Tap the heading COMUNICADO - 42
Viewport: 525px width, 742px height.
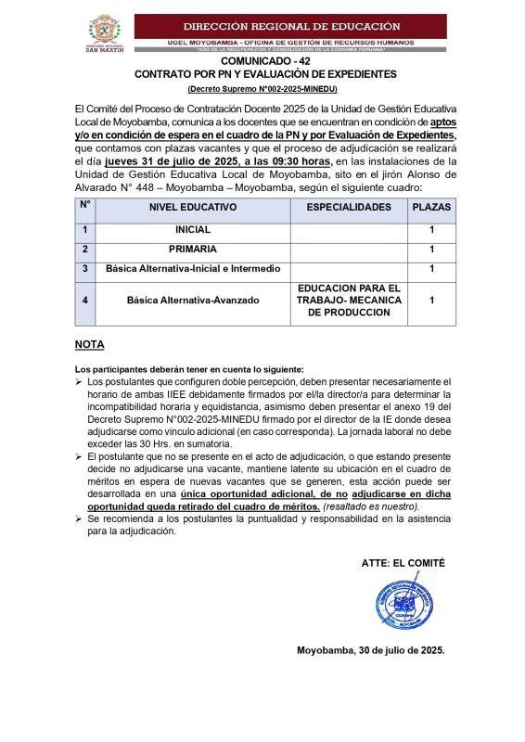[262, 60]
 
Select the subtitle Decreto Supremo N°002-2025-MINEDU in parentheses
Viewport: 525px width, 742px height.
[262, 88]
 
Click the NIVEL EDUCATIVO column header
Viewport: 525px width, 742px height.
[193, 208]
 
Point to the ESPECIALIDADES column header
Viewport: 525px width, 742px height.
[349, 208]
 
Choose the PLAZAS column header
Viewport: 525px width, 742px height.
[431, 208]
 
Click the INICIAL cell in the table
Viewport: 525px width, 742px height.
[193, 230]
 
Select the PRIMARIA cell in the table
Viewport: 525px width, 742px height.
[193, 249]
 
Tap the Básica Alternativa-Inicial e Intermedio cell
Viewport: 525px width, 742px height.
[193, 269]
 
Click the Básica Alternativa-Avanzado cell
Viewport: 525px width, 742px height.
[193, 301]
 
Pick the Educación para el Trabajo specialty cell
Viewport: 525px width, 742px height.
[349, 301]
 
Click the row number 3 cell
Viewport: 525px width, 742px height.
[84, 269]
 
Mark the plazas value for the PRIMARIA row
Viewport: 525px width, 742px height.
[431, 249]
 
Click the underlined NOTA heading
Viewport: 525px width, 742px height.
[89, 345]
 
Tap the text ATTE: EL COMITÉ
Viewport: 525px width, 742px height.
[403, 563]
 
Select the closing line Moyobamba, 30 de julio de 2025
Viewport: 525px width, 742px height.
[370, 650]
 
